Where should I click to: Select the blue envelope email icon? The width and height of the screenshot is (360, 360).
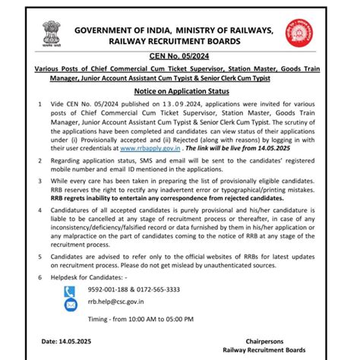coord(71,305)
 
